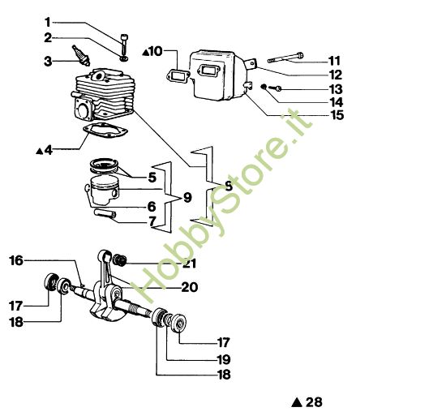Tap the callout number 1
47,21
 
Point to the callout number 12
335,75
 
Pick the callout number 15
335,115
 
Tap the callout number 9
187,197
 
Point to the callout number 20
188,286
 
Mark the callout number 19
223,358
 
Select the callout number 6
152,206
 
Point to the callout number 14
335,102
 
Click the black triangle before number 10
146,52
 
